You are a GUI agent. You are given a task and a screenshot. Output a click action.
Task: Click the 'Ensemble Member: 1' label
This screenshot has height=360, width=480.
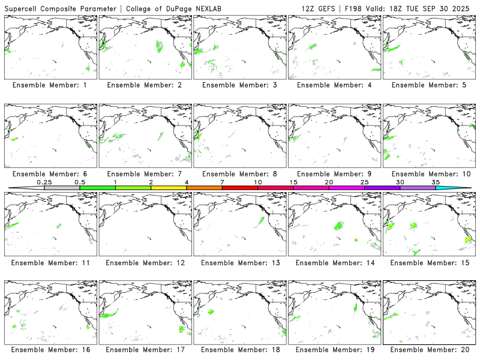coord(49,85)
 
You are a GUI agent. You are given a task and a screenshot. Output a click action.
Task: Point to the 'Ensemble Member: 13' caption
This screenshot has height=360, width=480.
coord(239,263)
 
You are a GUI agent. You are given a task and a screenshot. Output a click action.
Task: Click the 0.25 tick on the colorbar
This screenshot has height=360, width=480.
coord(44,182)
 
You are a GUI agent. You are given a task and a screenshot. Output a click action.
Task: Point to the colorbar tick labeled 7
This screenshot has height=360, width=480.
coord(222,182)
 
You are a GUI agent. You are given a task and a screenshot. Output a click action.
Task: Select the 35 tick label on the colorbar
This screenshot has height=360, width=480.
coord(436,182)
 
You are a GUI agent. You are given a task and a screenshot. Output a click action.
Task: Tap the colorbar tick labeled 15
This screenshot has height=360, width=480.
coord(293,182)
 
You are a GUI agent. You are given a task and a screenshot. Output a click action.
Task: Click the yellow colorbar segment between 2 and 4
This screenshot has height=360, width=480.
coord(169,188)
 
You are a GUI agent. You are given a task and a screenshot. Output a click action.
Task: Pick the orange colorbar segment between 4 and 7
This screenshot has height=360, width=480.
coord(204,188)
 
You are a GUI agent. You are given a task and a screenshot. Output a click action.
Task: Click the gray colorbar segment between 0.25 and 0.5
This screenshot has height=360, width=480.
coord(62,188)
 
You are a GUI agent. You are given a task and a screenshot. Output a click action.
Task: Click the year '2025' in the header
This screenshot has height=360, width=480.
coord(464,8)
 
